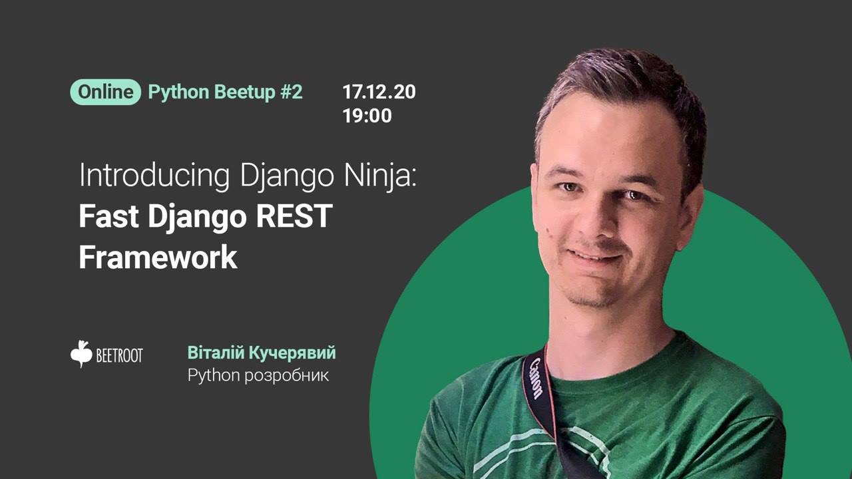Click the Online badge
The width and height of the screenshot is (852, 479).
105,92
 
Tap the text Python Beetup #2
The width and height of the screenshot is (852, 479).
225,92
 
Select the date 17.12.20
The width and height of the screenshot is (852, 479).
379,92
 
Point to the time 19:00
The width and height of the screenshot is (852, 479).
367,116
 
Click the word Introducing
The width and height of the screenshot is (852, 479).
154,175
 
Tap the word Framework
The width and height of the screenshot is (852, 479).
158,257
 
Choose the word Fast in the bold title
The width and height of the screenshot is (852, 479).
108,216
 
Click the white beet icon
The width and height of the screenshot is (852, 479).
81,354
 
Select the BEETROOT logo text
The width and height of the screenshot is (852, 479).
119,355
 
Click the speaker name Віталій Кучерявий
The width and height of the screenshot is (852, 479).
262,353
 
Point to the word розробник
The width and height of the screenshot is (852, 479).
286,376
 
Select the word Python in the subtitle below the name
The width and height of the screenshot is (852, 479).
214,376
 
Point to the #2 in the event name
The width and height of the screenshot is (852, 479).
292,92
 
